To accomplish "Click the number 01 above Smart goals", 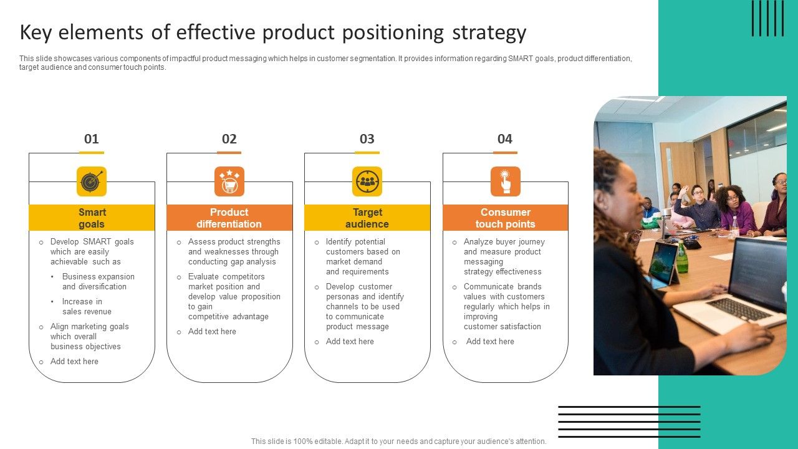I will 92,139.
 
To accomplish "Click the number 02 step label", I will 229,139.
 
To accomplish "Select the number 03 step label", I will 367,139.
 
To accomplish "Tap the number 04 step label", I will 505,139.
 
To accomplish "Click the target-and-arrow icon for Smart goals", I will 92,181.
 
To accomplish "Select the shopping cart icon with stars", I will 229,181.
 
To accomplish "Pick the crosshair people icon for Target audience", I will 367,181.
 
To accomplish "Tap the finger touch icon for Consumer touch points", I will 505,181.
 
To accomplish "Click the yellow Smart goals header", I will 92,218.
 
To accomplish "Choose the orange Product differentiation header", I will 229,218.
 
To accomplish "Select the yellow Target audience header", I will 367,218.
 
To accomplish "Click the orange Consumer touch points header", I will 505,218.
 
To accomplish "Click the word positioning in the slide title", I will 395,32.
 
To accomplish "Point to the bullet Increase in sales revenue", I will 87,307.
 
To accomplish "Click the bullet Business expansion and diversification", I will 98,282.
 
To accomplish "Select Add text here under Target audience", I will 350,342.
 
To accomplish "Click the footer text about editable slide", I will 399,442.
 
